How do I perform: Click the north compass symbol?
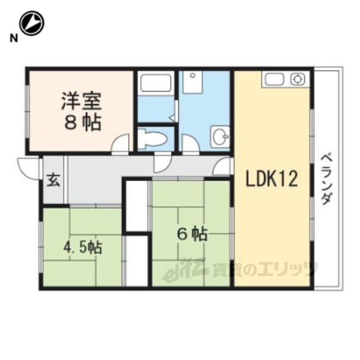(x=31, y=23)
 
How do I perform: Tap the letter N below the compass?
(x=13, y=38)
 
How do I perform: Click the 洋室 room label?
(x=81, y=101)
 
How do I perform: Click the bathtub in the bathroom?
(x=156, y=83)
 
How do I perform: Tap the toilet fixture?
(x=152, y=138)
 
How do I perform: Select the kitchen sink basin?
(x=274, y=79)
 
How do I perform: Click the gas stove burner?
(x=298, y=79)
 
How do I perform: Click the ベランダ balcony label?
(x=326, y=179)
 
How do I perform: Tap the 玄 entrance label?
(x=54, y=180)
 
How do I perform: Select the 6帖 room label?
(x=192, y=234)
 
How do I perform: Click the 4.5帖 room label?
(x=83, y=247)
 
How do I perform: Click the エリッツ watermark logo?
(x=240, y=269)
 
